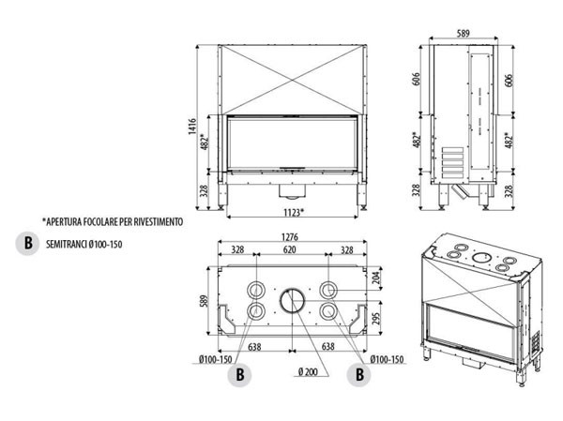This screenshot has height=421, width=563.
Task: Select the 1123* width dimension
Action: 291,213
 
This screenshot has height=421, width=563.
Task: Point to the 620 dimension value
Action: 291,250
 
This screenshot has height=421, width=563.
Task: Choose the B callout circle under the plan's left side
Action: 242,374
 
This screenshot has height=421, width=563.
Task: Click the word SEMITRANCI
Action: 64,245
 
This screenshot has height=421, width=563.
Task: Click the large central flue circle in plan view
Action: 291,302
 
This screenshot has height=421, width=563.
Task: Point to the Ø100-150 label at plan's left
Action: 218,360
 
